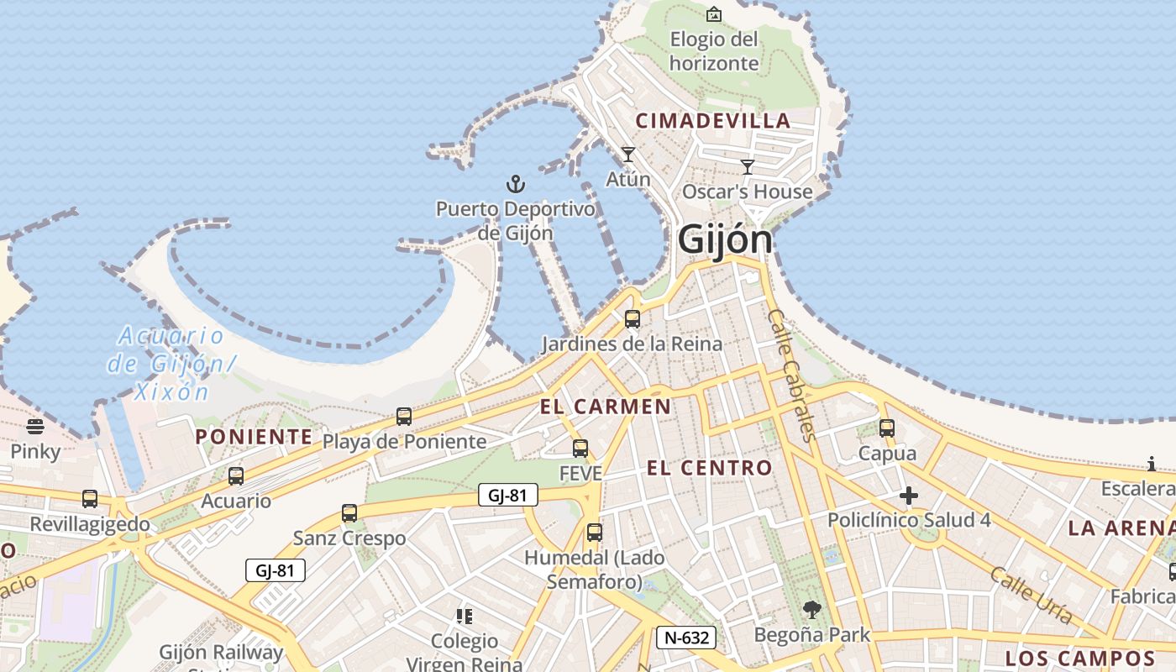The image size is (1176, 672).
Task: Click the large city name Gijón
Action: (x=725, y=239)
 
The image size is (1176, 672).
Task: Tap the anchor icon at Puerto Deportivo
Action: (x=515, y=184)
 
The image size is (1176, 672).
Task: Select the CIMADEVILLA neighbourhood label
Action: (x=713, y=121)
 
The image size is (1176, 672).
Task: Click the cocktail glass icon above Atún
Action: (x=627, y=155)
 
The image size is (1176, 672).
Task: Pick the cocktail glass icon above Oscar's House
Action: (x=748, y=167)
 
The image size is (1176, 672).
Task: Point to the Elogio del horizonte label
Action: (x=714, y=51)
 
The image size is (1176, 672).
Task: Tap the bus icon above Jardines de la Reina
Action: (x=633, y=319)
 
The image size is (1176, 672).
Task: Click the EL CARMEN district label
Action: (x=605, y=407)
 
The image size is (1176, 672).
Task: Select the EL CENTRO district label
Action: (x=709, y=468)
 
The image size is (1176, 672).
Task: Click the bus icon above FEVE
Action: (x=580, y=449)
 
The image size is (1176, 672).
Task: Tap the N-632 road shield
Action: (x=686, y=638)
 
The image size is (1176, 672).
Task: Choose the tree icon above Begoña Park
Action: (x=811, y=610)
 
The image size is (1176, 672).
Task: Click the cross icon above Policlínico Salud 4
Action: (x=908, y=496)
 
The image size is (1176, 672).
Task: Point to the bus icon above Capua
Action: (x=887, y=428)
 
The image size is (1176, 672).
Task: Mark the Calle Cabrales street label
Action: (x=792, y=374)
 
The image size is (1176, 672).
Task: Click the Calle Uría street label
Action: (x=1031, y=596)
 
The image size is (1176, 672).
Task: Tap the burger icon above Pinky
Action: (x=35, y=427)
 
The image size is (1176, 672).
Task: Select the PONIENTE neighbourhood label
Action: (x=254, y=437)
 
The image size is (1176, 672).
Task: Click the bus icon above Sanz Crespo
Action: (x=349, y=513)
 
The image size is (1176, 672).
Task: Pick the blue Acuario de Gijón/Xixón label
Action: (x=171, y=364)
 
